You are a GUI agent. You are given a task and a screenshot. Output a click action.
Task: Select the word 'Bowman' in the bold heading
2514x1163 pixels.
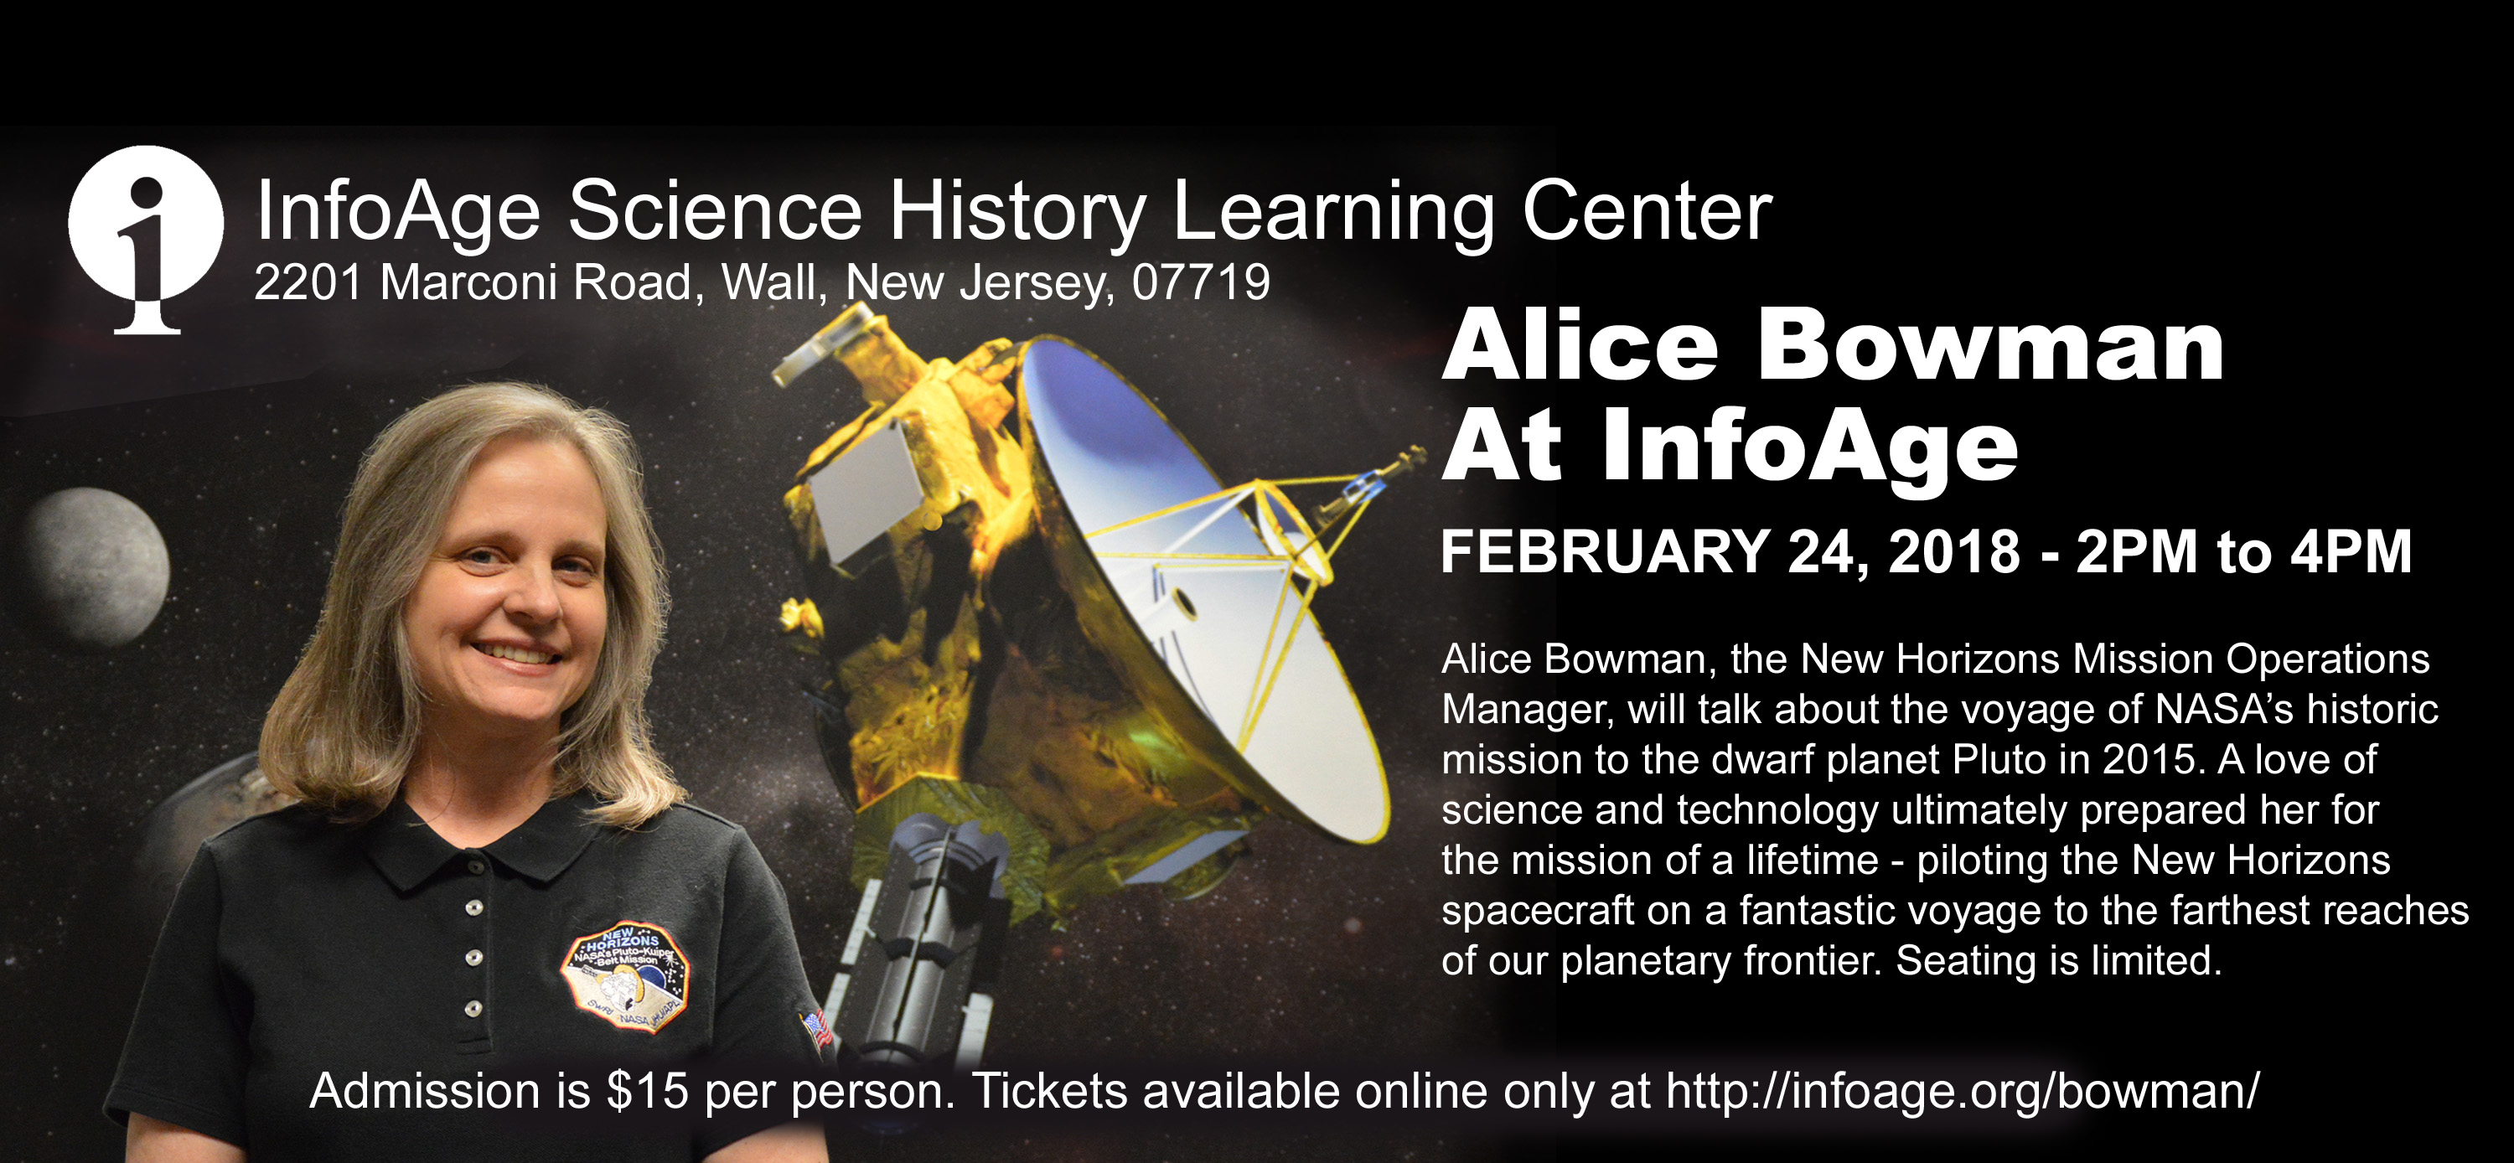(x=1991, y=345)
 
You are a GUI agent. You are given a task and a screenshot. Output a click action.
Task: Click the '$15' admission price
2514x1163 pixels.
(x=647, y=1091)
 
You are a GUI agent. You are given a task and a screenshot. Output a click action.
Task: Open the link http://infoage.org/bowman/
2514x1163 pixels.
(x=1963, y=1091)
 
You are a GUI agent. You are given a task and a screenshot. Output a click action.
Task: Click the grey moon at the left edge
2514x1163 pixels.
(x=97, y=566)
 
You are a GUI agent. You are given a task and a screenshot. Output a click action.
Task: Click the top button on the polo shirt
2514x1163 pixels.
(x=474, y=907)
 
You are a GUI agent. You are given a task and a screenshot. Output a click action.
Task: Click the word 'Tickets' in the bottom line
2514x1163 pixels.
(x=1049, y=1091)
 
